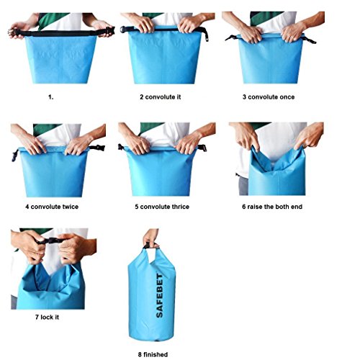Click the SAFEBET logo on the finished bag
pos(159,295)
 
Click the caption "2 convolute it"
pos(161,97)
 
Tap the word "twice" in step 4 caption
pos(71,207)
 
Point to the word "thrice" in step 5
pos(181,207)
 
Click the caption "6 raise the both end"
pos(272,207)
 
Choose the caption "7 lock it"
pos(47,317)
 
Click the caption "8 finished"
pos(153,354)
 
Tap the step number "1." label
pos(51,97)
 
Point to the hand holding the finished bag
pos(150,238)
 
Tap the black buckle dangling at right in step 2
pos(206,35)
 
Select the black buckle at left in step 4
pos(15,155)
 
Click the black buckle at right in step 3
pos(310,40)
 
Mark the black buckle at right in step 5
pos(202,148)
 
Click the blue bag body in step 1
pos(60,60)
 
